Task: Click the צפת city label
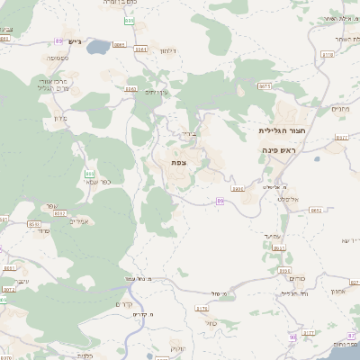178,163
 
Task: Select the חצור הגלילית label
278,130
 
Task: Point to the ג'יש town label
75,41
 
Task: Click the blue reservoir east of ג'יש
120,42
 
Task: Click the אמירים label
78,222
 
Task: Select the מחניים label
339,109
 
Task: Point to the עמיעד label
274,236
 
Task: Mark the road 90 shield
292,337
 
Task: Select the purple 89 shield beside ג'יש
58,41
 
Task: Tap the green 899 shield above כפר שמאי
89,173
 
